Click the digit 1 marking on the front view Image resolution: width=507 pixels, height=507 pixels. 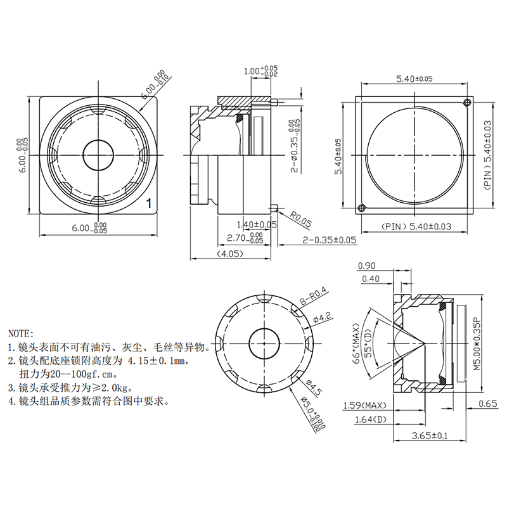[x=148, y=203]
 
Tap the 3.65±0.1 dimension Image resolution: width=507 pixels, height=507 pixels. [x=430, y=435]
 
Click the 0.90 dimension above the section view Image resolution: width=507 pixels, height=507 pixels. [x=366, y=266]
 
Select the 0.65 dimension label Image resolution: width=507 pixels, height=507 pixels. [x=487, y=404]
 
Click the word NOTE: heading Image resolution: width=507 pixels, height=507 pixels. [x=22, y=332]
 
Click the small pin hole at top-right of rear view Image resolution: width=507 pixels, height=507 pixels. [x=467, y=102]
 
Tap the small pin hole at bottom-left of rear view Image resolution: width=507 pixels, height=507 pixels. [x=362, y=207]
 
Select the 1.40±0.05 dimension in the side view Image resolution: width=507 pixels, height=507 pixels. [x=257, y=224]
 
